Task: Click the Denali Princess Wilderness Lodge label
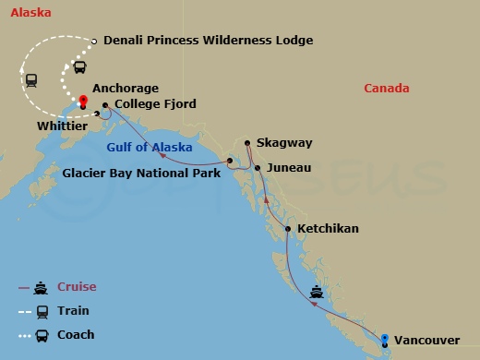tap(209, 41)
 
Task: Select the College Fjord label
tap(155, 104)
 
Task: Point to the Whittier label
tap(63, 125)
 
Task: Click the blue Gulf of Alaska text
tap(150, 148)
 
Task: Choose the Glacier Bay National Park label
tap(141, 172)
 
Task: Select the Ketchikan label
tap(330, 228)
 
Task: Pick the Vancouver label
tap(426, 341)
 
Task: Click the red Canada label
tap(387, 88)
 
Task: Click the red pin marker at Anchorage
tap(83, 100)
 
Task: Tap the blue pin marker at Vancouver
tap(384, 338)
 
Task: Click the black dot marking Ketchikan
tap(289, 228)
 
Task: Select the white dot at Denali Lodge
tap(95, 41)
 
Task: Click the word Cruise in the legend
tap(78, 287)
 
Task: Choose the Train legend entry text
tap(75, 311)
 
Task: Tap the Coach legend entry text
tap(77, 335)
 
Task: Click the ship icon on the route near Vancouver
tap(317, 294)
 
